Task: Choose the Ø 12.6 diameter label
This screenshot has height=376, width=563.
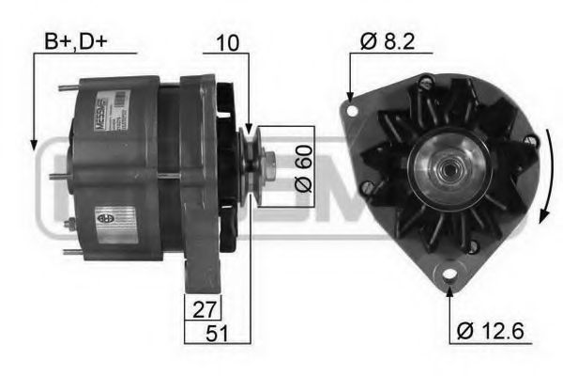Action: [490, 331]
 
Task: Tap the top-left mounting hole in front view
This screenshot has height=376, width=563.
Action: [353, 110]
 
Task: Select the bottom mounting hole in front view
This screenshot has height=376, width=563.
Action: [449, 276]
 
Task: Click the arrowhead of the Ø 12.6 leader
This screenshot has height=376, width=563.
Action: [449, 291]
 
